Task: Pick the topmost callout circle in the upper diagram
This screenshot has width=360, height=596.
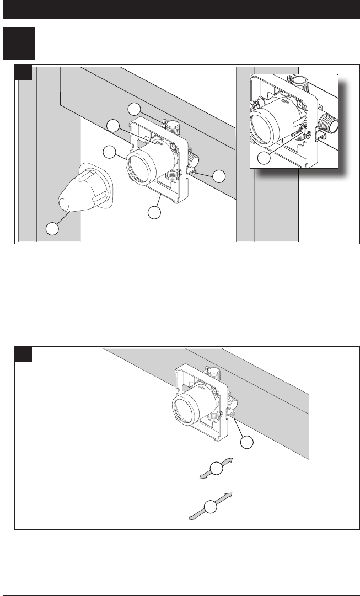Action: (135, 108)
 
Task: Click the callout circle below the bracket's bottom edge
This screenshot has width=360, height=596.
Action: (155, 211)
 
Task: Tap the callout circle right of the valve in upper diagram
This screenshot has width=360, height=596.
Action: (219, 176)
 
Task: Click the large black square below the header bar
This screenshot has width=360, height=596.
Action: (19, 43)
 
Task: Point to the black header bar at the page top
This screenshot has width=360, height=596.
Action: (180, 9)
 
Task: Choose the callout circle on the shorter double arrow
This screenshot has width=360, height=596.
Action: (216, 469)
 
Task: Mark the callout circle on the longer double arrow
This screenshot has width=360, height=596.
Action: (210, 507)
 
